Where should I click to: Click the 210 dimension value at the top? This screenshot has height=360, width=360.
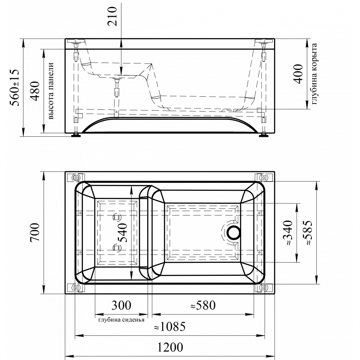[x=112, y=16]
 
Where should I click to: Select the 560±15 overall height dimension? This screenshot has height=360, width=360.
[x=15, y=87]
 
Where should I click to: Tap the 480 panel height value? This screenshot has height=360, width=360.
[x=35, y=91]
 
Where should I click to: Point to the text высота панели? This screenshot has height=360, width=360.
[x=51, y=91]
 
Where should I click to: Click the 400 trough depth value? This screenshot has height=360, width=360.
[x=298, y=74]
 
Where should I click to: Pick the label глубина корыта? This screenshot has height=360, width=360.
[x=314, y=73]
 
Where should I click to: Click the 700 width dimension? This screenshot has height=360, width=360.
[x=35, y=232]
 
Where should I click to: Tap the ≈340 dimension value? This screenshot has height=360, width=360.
[x=288, y=233]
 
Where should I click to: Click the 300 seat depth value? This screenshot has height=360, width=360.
[x=121, y=306]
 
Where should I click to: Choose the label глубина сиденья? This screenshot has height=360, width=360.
[x=121, y=320]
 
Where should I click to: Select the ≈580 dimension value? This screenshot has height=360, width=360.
[x=203, y=306]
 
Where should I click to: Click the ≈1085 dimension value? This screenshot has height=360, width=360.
[x=170, y=327]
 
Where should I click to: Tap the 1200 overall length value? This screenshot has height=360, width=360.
[x=170, y=347]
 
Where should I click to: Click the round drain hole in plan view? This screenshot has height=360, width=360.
[x=234, y=232]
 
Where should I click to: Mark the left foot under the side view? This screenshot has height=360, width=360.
[x=76, y=135]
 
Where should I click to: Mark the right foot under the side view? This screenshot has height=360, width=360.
[x=264, y=135]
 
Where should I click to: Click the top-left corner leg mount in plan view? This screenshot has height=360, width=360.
[x=76, y=177]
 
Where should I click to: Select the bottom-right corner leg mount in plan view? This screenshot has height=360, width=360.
[x=264, y=288]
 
